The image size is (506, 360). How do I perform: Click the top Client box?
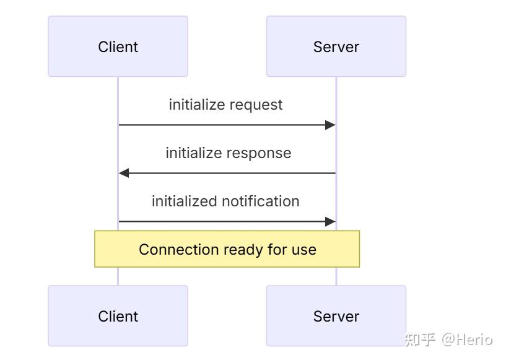tap(118, 46)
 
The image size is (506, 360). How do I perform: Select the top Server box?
tap(336, 46)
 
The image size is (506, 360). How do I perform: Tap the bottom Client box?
tap(118, 316)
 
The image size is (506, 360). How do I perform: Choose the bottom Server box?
tap(336, 316)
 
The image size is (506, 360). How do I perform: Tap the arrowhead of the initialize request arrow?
tap(330, 125)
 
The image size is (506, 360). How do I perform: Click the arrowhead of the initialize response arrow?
tap(124, 173)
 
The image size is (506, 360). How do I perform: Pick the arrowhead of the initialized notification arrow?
tap(330, 222)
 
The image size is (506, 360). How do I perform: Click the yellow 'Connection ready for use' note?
tap(227, 249)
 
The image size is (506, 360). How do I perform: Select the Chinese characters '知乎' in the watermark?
tap(420, 339)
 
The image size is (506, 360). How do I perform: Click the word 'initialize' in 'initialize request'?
tap(197, 105)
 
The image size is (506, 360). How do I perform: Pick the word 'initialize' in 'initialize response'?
tap(193, 153)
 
